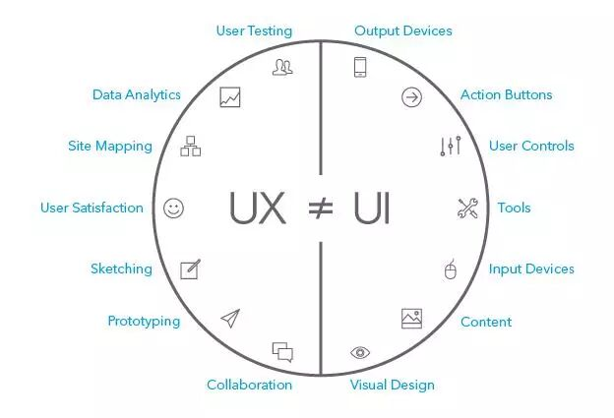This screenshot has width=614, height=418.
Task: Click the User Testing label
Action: [254, 30]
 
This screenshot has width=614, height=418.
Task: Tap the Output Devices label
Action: [403, 30]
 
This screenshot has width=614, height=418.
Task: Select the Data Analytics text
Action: [137, 94]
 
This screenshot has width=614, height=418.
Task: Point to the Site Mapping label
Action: [110, 146]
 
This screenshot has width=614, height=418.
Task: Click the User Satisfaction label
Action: [92, 208]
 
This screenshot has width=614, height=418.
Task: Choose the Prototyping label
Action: [144, 321]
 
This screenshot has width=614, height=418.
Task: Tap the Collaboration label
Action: [249, 385]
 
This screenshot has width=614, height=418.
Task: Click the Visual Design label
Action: [392, 385]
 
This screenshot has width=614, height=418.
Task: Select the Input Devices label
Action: [531, 269]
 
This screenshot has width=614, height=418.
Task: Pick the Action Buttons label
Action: [506, 94]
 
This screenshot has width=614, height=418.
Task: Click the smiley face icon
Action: [174, 208]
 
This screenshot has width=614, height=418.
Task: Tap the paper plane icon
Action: [230, 317]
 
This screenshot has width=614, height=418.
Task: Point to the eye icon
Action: [360, 352]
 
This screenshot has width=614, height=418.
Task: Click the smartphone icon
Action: [360, 67]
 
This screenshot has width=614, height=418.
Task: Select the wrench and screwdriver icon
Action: [467, 208]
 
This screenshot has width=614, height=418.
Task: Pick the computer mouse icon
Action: [451, 269]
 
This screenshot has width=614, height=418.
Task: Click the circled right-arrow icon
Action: [411, 96]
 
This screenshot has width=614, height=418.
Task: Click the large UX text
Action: [259, 209]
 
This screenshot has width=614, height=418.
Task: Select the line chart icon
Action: [230, 97]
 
